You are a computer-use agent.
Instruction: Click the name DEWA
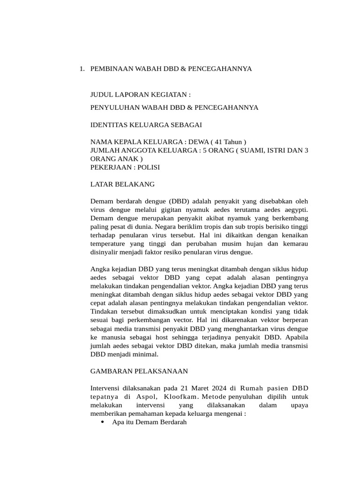click(x=198, y=142)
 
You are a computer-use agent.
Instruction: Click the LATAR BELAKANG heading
click(x=122, y=184)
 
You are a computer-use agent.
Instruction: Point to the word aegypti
click(x=293, y=210)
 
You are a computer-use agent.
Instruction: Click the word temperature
click(x=107, y=243)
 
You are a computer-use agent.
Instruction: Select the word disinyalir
click(x=105, y=252)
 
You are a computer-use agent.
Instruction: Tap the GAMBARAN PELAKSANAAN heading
click(x=139, y=371)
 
